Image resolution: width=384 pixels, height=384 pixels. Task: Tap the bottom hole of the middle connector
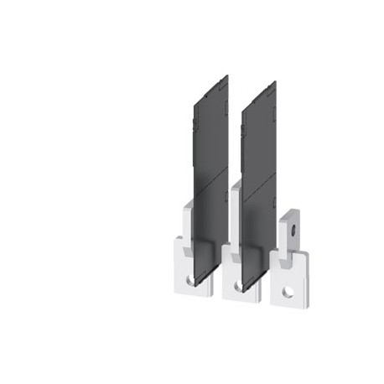239,286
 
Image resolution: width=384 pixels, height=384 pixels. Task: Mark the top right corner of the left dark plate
227,76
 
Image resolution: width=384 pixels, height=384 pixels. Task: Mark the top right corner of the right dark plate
275,83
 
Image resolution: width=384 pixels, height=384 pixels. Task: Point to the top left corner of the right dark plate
243,100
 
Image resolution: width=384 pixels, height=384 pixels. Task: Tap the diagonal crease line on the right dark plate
258,184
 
